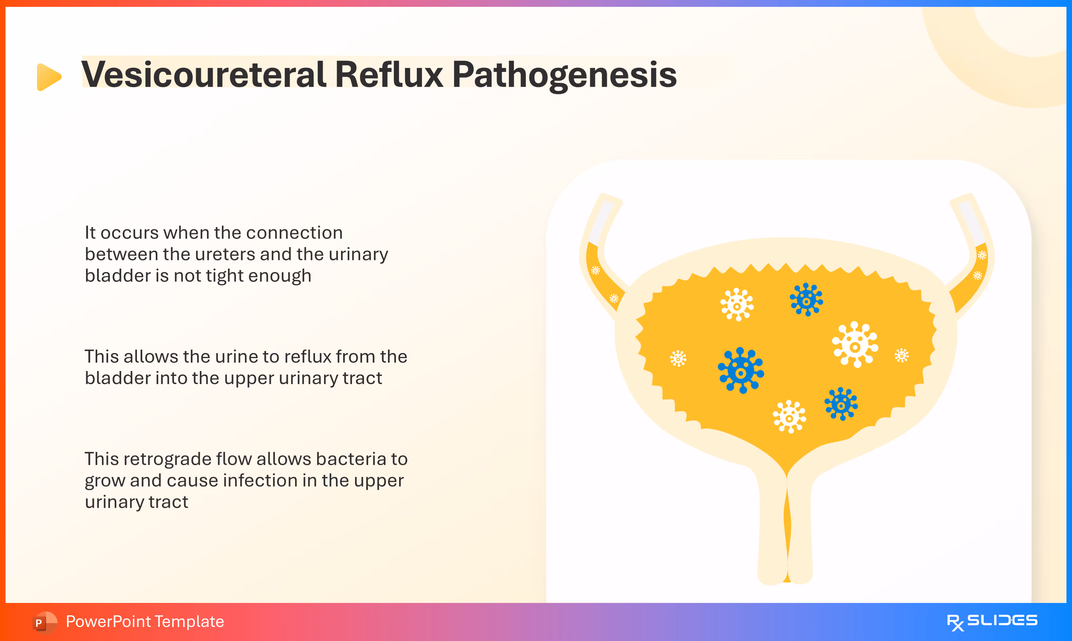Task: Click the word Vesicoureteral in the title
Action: point(203,74)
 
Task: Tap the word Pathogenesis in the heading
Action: point(564,74)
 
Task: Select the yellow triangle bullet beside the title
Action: point(48,77)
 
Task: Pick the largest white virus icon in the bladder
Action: point(855,345)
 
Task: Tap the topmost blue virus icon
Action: point(806,300)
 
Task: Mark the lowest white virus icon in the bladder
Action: point(789,417)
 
